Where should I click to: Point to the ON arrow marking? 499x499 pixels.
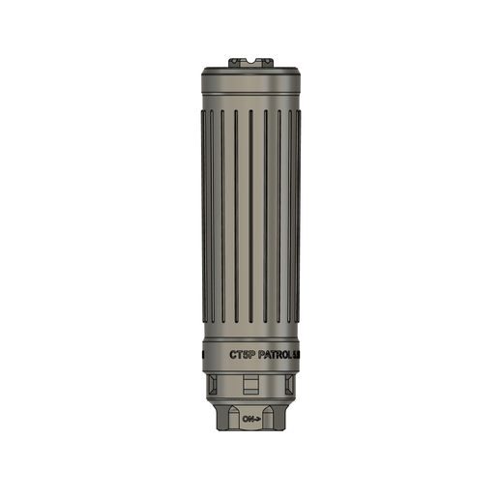[252, 419]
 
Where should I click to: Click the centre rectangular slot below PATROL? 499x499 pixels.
[249, 387]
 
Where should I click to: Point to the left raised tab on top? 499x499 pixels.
[237, 60]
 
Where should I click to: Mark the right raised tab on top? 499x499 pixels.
[263, 60]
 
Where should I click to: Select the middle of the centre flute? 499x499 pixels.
[249, 218]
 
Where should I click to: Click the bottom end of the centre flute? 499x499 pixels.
[249, 325]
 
